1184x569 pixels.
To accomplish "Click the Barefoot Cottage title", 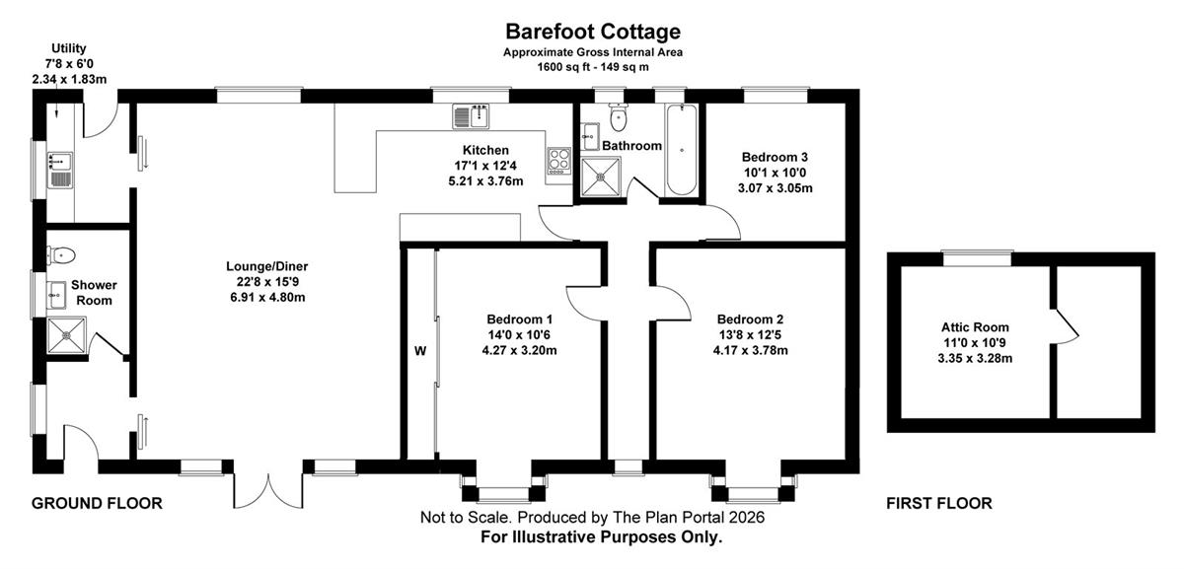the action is click(593, 32).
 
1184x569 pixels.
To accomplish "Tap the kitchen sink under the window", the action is click(472, 116).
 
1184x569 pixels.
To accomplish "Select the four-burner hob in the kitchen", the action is click(558, 161).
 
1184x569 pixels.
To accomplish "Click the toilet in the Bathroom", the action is click(618, 117).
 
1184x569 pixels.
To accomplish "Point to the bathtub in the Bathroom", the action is click(682, 150).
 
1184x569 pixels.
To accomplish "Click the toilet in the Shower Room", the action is click(61, 255).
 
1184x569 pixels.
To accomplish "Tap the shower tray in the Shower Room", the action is click(66, 335).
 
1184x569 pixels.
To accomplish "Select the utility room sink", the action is click(60, 171).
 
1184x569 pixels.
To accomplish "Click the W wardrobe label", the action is click(420, 351).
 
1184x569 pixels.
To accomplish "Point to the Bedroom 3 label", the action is click(775, 157).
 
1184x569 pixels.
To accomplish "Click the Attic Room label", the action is click(975, 327).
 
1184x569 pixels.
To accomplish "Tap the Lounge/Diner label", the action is click(267, 266).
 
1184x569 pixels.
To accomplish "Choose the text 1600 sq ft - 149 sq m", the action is click(593, 67).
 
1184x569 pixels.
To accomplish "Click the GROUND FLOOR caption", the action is click(97, 503).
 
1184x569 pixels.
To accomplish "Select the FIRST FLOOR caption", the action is click(939, 503).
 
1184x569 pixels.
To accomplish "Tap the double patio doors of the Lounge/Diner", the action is click(268, 490).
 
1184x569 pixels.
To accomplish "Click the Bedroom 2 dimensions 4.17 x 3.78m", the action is click(751, 350).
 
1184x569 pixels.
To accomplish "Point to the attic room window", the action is click(978, 259).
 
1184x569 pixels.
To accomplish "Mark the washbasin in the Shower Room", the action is click(56, 295).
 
